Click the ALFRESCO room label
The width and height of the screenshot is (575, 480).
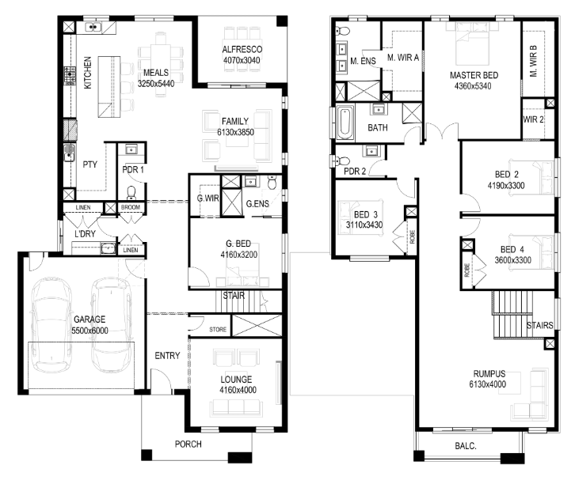[x=242, y=50]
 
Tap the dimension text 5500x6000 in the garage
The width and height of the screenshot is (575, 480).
[x=89, y=331]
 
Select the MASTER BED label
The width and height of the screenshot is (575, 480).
[x=474, y=75]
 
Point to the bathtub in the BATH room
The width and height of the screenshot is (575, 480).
[x=345, y=123]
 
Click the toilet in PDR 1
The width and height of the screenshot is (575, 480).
[x=131, y=192]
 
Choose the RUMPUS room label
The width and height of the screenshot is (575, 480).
[x=489, y=374]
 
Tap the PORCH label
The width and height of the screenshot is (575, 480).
[x=188, y=444]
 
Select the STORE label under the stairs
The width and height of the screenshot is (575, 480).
[x=218, y=330]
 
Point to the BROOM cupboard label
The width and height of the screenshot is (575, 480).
[x=131, y=207]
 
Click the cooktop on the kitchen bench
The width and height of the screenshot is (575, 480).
[x=70, y=76]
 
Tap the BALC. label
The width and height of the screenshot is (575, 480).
[x=466, y=446]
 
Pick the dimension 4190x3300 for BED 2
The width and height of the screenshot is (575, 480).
[x=506, y=186]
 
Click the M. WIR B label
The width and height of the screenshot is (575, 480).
[x=533, y=61]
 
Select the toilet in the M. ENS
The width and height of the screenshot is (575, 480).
[x=343, y=30]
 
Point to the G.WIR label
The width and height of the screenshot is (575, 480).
[x=208, y=198]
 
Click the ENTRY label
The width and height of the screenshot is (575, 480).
[x=167, y=356]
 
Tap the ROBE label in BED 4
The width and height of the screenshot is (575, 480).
[x=466, y=270]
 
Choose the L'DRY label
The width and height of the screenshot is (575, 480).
[x=85, y=233]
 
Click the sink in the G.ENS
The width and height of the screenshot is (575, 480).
[x=251, y=181]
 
